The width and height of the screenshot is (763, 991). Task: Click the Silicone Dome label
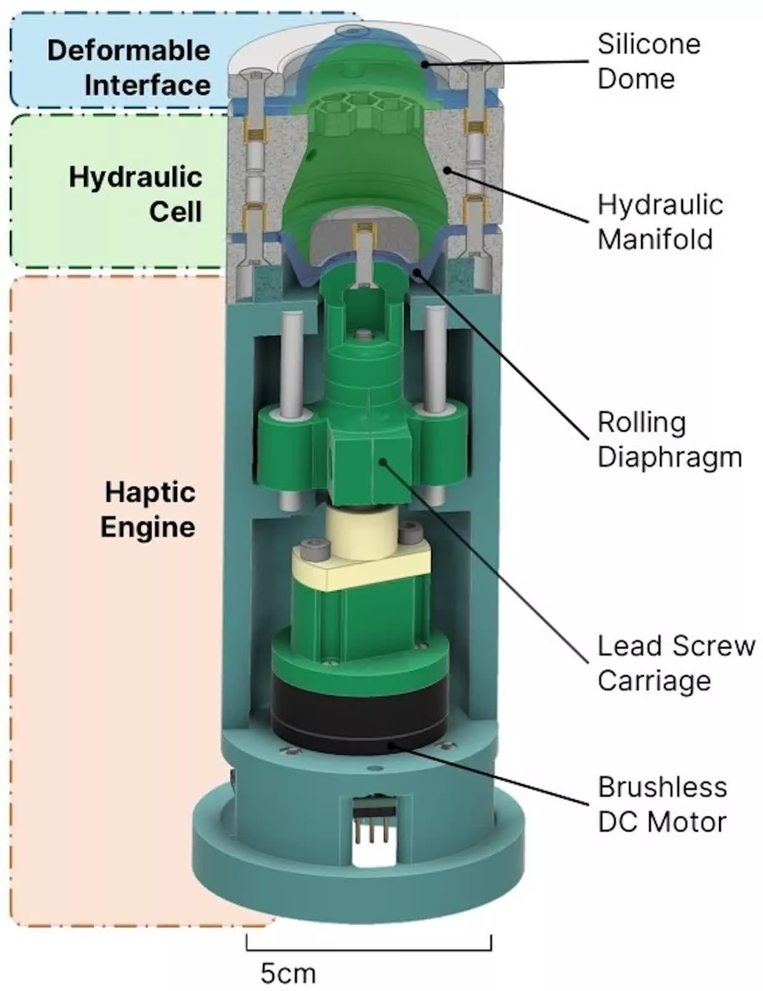pyautogui.click(x=648, y=61)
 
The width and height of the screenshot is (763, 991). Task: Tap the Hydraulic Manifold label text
pyautogui.click(x=660, y=222)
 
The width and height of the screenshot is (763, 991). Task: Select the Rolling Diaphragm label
pyautogui.click(x=669, y=439)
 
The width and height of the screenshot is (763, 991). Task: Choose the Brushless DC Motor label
pyautogui.click(x=662, y=804)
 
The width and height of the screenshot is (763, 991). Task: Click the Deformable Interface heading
pyautogui.click(x=129, y=68)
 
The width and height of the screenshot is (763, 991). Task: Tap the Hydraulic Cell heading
pyautogui.click(x=136, y=194)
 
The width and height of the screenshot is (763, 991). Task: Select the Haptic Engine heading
pyautogui.click(x=148, y=509)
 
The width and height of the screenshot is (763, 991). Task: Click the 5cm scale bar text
pyautogui.click(x=288, y=973)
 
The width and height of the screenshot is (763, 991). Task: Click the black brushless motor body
pyautogui.click(x=359, y=712)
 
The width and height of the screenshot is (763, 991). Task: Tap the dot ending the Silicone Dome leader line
pyautogui.click(x=425, y=63)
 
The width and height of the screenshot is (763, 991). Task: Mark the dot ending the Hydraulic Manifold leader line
pyautogui.click(x=446, y=169)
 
